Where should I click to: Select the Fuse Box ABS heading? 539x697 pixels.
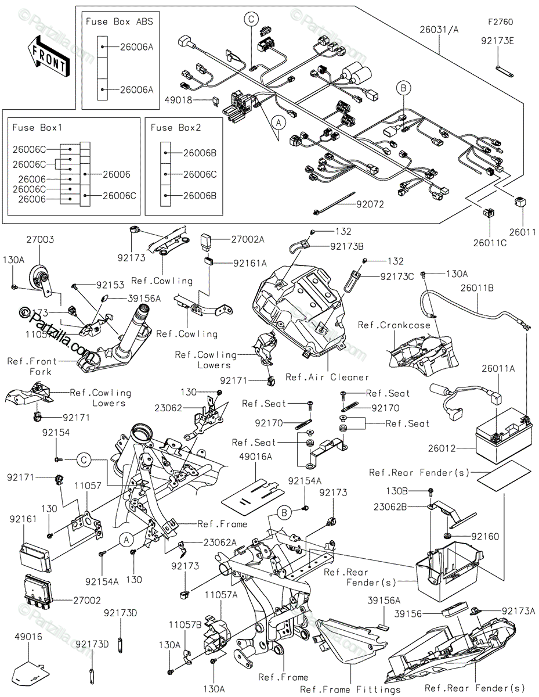[x=120, y=21]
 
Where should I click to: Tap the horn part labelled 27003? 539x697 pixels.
[x=41, y=274]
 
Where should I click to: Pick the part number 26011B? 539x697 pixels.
[x=477, y=287]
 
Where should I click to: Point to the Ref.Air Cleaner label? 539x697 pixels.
[x=327, y=377]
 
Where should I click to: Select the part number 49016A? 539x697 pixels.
[x=255, y=457]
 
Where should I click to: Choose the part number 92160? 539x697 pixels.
[x=484, y=537]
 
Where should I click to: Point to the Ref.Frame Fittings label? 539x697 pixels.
[x=350, y=689]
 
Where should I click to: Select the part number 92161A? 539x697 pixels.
[x=250, y=263]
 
